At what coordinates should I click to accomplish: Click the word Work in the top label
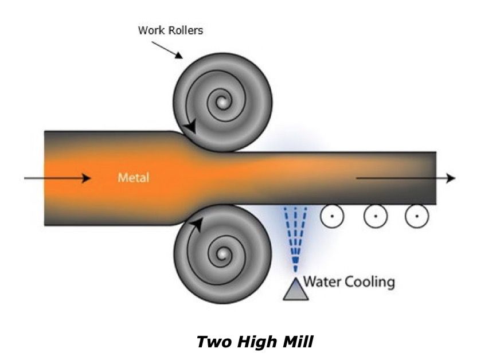pos(150,30)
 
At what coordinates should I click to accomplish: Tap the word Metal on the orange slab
pos(133,177)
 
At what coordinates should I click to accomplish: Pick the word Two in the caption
pos(213,342)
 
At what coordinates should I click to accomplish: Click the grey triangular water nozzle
pos(296,289)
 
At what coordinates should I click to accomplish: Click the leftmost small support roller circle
pos(331,216)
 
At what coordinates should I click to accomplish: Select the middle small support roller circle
pos(376,216)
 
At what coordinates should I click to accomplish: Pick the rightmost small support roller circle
pos(417,216)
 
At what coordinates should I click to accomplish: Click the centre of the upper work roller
pos(222,103)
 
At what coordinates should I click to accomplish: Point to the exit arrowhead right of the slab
pos(451,178)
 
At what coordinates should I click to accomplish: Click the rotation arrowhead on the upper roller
pos(191,127)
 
